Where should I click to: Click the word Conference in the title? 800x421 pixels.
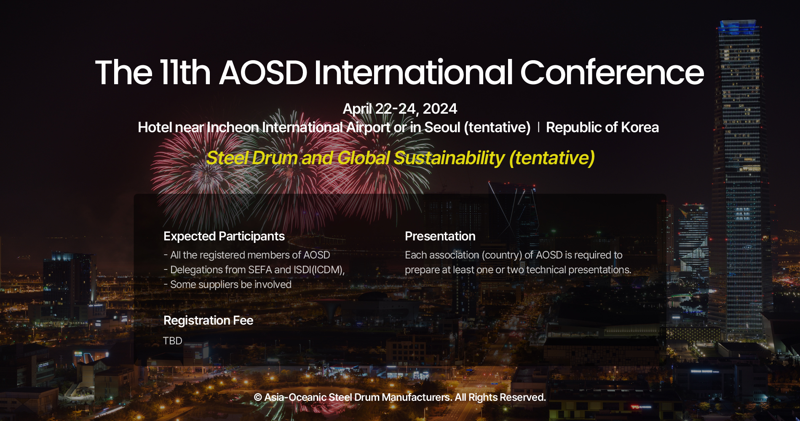(x=612, y=72)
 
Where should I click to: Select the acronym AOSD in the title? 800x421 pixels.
(x=263, y=72)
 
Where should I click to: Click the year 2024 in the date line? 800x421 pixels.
(x=440, y=109)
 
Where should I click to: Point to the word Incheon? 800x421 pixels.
(x=233, y=127)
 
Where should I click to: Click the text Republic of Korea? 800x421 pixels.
(x=602, y=127)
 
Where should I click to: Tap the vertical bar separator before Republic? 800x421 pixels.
(x=538, y=127)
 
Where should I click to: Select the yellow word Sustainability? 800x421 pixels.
(x=449, y=158)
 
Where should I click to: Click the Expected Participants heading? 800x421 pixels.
(x=224, y=236)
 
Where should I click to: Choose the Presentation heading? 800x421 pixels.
(x=440, y=236)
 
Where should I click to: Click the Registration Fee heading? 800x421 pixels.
(x=208, y=320)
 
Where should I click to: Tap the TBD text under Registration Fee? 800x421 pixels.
(x=172, y=341)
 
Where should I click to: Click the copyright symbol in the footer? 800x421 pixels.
(x=258, y=397)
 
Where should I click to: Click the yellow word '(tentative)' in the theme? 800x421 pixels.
(x=551, y=158)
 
